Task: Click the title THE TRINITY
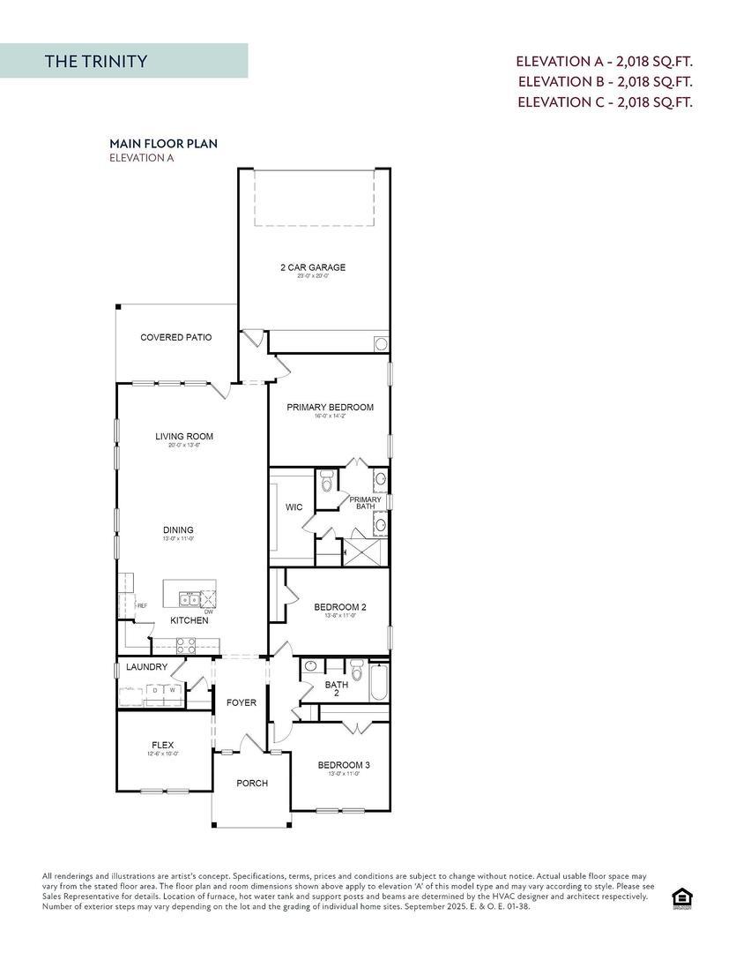pyautogui.click(x=96, y=61)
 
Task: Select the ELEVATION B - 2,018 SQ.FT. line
pyautogui.click(x=605, y=81)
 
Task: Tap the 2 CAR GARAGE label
pyautogui.click(x=313, y=267)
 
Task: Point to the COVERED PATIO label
pyautogui.click(x=176, y=337)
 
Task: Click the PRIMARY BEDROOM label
pyautogui.click(x=330, y=408)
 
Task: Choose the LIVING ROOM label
pyautogui.click(x=184, y=436)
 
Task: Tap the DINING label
pyautogui.click(x=178, y=530)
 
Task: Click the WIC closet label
pyautogui.click(x=294, y=507)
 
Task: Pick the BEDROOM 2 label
pyautogui.click(x=340, y=607)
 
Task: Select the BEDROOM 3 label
pyautogui.click(x=344, y=765)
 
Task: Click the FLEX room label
pyautogui.click(x=162, y=745)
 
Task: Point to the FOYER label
pyautogui.click(x=241, y=703)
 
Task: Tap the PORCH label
pyautogui.click(x=252, y=783)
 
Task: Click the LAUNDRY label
pyautogui.click(x=146, y=667)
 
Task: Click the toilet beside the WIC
pyautogui.click(x=326, y=482)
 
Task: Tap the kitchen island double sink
pyautogui.click(x=188, y=600)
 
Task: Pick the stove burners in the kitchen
pyautogui.click(x=186, y=645)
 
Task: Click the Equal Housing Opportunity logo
pyautogui.click(x=681, y=898)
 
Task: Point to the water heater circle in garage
pyautogui.click(x=381, y=343)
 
